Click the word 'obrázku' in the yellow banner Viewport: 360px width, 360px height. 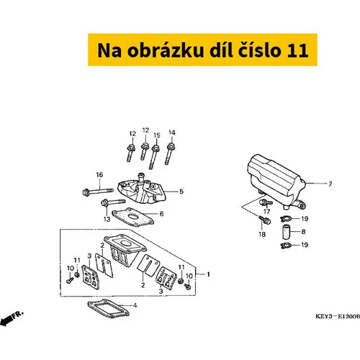tap(166, 50)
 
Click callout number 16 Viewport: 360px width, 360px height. tap(99, 175)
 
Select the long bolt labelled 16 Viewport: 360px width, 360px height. tap(98, 192)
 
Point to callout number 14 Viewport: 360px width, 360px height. tap(172, 132)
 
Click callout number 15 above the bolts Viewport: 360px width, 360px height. tap(157, 135)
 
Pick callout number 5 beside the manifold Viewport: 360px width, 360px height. tap(181, 192)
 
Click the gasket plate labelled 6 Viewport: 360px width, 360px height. tap(132, 217)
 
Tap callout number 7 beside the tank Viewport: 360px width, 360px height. tap(330, 184)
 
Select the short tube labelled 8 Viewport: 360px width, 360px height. tap(287, 231)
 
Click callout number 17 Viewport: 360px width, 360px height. tap(266, 211)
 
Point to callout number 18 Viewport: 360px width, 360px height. tap(262, 234)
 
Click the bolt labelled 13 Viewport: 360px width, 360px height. tap(113, 202)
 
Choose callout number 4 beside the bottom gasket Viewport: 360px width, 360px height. tap(135, 305)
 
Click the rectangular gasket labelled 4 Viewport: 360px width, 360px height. tap(108, 308)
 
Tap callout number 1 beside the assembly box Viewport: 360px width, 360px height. tap(208, 274)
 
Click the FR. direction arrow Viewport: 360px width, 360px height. tap(12, 318)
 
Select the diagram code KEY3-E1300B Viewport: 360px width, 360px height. tap(338, 316)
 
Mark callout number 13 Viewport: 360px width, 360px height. tap(107, 219)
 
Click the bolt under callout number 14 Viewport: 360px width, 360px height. tap(170, 154)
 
